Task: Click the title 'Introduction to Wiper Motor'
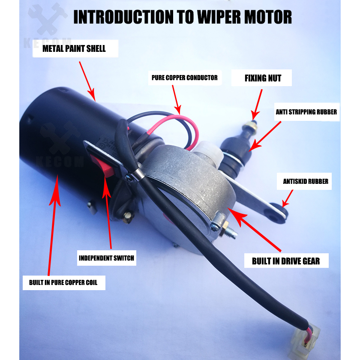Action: [x=183, y=17]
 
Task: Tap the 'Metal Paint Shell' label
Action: [x=74, y=49]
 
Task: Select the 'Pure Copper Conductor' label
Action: [x=184, y=78]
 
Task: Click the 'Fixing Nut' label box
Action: [x=262, y=78]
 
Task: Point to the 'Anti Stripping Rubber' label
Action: [x=306, y=112]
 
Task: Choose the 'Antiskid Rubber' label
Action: [x=306, y=181]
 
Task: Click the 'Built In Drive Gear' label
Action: [x=286, y=261]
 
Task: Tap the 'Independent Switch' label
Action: [x=106, y=258]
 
